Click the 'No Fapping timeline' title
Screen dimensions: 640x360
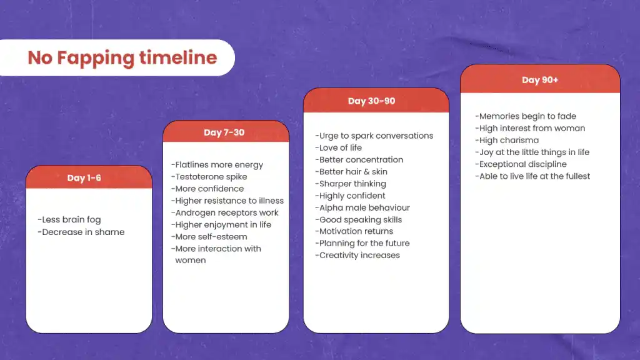122,58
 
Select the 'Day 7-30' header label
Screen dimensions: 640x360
224,132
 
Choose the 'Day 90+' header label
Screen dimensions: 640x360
540,80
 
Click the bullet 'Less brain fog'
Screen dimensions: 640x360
69,219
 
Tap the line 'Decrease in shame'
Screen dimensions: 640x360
81,232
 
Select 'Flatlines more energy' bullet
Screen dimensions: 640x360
217,165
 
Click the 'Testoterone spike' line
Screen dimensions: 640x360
209,177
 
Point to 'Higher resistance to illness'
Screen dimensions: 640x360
227,201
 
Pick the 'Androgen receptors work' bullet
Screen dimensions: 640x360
224,212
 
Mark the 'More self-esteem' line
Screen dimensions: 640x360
209,237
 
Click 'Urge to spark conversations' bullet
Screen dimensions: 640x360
374,136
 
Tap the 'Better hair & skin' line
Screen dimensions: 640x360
351,172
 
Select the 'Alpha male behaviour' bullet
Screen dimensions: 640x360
362,207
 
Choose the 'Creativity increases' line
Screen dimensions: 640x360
357,255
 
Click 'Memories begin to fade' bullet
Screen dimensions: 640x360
526,116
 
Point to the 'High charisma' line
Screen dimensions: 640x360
507,141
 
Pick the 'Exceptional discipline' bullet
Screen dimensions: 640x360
521,164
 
